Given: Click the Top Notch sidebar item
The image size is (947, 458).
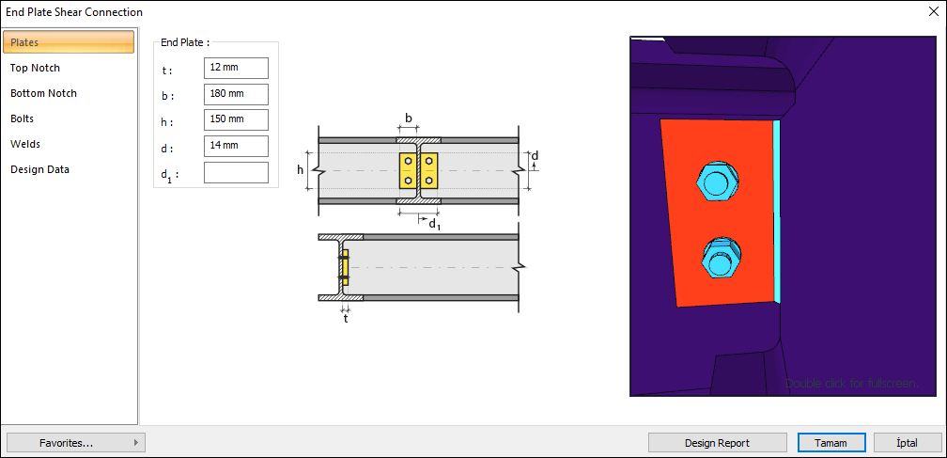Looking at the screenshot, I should click(x=36, y=68).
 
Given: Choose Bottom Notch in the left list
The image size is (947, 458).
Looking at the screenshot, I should click(x=44, y=93).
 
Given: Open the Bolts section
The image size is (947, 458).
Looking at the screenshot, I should click(x=23, y=118).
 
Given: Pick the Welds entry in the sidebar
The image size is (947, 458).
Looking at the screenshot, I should click(x=25, y=144).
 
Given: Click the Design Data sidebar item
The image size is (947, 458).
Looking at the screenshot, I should click(x=39, y=169).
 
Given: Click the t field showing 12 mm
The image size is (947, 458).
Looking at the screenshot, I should click(x=236, y=68).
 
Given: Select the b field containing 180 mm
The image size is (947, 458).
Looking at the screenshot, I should click(x=236, y=94).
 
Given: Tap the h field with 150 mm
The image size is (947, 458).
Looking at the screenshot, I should click(x=236, y=119).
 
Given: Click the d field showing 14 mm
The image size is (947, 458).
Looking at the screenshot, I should click(x=236, y=146).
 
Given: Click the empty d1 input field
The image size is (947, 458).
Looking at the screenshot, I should click(x=236, y=172).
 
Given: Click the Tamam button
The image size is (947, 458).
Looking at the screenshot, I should click(x=831, y=443).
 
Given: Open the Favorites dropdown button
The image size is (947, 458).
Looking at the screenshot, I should click(x=75, y=443).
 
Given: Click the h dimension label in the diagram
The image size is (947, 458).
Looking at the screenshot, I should click(x=301, y=170).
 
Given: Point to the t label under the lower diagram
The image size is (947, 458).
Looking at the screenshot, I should click(x=346, y=319).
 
